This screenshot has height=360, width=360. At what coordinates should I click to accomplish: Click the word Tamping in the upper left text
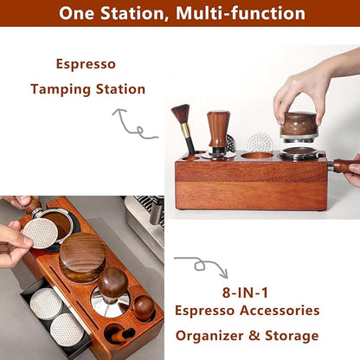coord(60,89)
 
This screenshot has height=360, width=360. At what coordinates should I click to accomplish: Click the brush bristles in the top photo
coord(180,114)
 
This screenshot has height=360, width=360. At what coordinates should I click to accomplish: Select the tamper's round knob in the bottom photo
coord(112,281)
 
